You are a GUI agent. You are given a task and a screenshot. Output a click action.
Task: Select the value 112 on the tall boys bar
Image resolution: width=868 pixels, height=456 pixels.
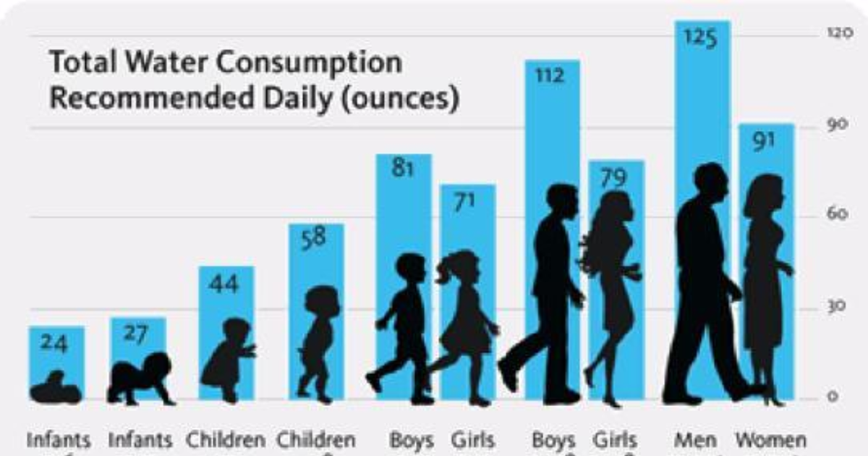tap(550, 75)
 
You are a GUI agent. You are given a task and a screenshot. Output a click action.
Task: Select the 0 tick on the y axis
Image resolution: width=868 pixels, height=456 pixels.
tap(833, 397)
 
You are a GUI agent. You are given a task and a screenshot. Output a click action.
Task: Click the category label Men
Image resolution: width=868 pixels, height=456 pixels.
tap(695, 439)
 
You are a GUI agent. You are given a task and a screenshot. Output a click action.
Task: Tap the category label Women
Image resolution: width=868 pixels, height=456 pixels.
tap(770, 439)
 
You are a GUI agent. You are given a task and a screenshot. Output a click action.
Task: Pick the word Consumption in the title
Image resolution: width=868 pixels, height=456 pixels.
tap(310, 63)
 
